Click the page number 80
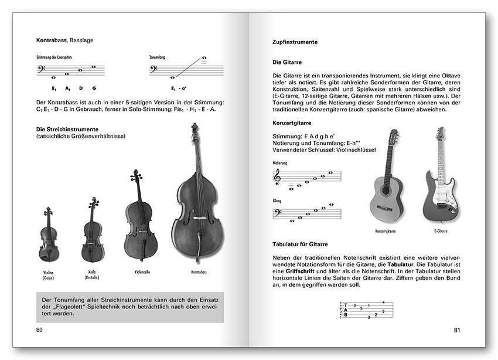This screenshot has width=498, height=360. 39,330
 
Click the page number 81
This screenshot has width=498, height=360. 457,330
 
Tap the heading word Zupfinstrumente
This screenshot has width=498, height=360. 295,42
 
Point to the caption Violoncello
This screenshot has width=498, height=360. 141,271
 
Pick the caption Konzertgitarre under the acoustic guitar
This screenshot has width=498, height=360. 386,231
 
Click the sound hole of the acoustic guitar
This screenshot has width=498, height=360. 386,191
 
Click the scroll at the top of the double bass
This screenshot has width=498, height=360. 195,129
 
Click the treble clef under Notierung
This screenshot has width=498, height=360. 277,176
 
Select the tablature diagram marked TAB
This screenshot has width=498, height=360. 363,309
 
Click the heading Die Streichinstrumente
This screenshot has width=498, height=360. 67,129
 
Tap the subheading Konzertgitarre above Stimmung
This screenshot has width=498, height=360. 292,124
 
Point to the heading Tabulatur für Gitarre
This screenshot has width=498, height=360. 300,244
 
